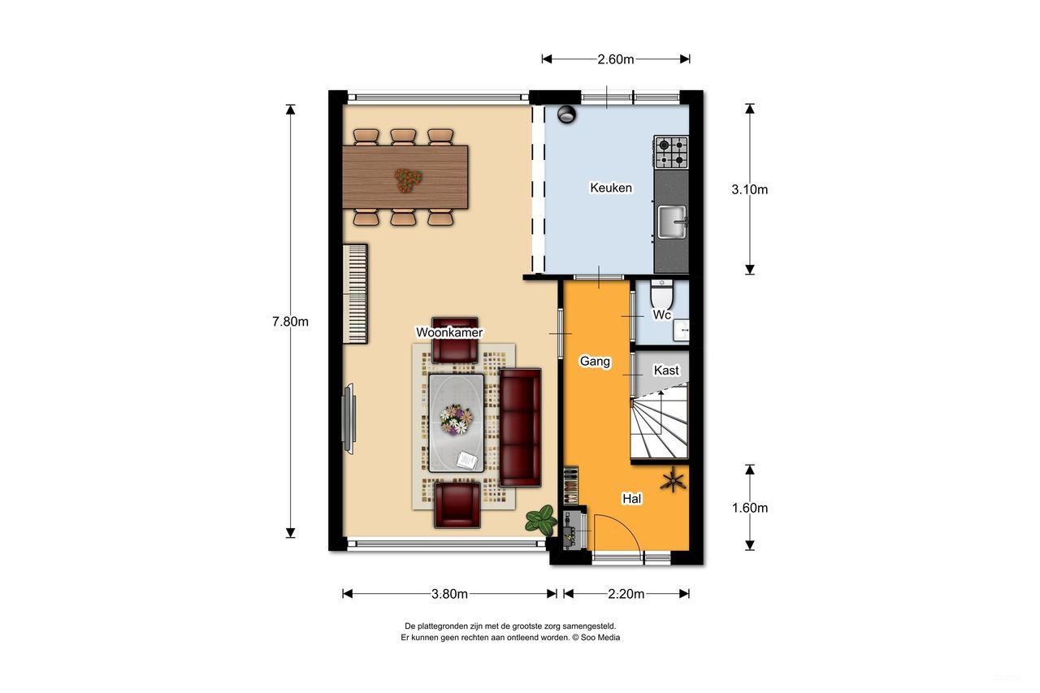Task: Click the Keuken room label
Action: click(610, 188)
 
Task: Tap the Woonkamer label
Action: click(449, 332)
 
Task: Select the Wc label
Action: click(662, 314)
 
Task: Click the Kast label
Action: click(666, 370)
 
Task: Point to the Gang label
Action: click(595, 362)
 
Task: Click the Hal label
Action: click(632, 499)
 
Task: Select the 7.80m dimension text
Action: click(290, 321)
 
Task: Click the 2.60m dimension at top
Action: click(615, 59)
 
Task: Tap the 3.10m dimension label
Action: click(749, 189)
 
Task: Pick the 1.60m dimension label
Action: click(749, 508)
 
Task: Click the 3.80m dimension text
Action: click(449, 594)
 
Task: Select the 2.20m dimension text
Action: click(626, 594)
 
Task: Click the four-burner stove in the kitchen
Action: click(671, 152)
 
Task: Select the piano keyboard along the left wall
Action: click(355, 293)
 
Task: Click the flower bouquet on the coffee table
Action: click(456, 419)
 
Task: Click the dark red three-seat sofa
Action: click(520, 427)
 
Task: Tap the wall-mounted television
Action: click(349, 419)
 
